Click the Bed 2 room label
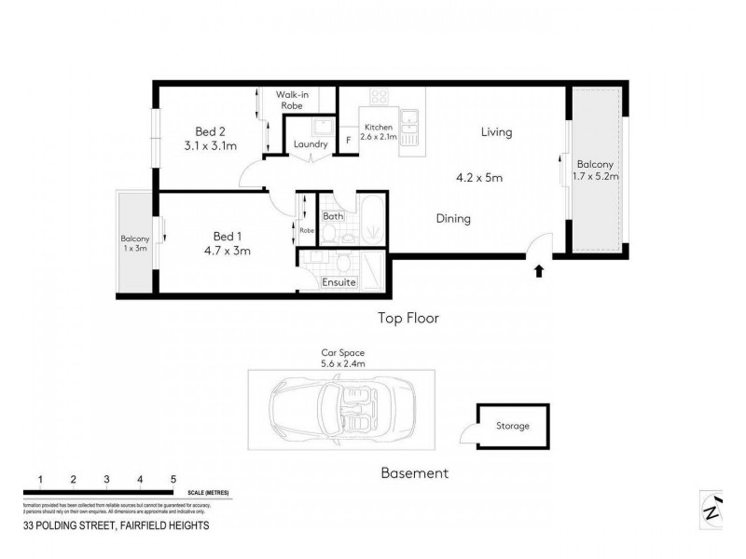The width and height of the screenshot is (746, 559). (210, 130)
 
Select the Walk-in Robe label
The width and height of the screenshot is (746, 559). (298, 100)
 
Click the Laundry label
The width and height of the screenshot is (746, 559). (310, 144)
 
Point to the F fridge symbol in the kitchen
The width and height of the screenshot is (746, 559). (348, 141)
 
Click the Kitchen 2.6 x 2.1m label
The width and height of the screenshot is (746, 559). (380, 131)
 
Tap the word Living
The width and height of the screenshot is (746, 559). (496, 132)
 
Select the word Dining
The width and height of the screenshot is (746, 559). (452, 219)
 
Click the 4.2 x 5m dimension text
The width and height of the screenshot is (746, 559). (478, 177)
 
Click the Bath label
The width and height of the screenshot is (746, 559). (333, 216)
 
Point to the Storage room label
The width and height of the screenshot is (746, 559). (512, 426)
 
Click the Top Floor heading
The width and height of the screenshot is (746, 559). (408, 318)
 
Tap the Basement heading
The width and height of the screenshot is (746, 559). (414, 472)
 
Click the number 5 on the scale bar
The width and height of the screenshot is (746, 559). (173, 479)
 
